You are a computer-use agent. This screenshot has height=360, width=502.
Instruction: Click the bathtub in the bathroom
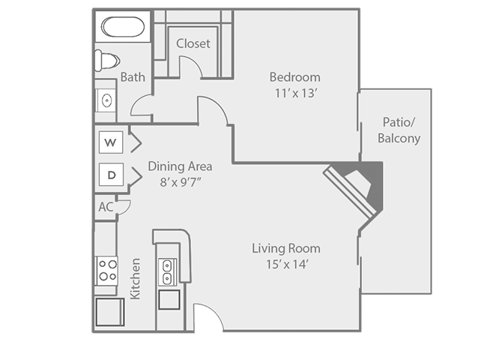[x=123, y=28]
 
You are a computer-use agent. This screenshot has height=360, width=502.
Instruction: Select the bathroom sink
[x=106, y=99]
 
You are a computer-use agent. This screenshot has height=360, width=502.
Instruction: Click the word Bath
[x=133, y=76]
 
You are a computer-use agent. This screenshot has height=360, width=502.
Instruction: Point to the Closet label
[x=193, y=43]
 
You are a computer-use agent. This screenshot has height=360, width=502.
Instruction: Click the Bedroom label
[x=295, y=76]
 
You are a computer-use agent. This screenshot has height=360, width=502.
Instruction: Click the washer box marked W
[x=111, y=142]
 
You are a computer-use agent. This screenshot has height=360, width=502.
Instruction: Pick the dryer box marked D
[x=111, y=175]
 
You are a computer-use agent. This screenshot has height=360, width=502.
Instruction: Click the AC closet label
[x=105, y=207]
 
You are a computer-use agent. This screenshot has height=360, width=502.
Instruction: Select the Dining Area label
[x=180, y=166]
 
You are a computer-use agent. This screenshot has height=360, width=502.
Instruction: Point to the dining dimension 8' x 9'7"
[x=180, y=182]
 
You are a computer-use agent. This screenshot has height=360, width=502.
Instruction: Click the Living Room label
[x=286, y=248]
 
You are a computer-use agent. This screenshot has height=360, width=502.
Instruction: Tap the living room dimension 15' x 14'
[x=286, y=264]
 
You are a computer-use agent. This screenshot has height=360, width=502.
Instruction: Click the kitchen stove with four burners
[x=106, y=269]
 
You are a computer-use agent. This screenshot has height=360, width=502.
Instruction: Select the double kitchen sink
[x=168, y=271]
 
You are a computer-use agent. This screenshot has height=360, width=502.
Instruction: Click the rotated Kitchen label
[x=136, y=279]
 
